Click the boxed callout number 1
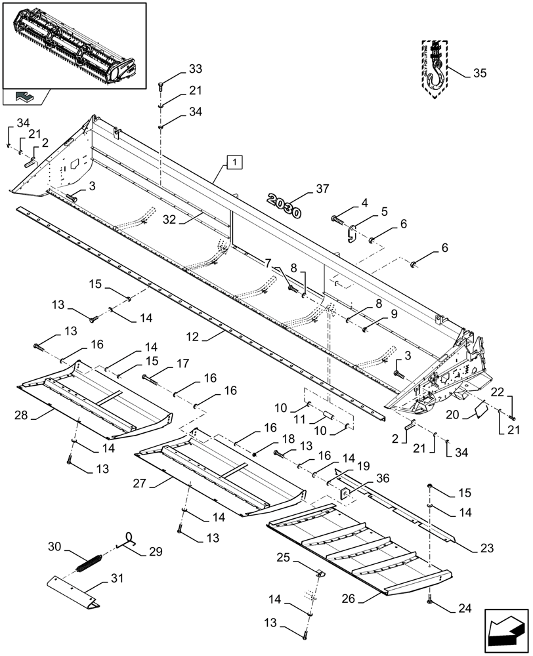click(234, 161)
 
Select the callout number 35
click(480, 73)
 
